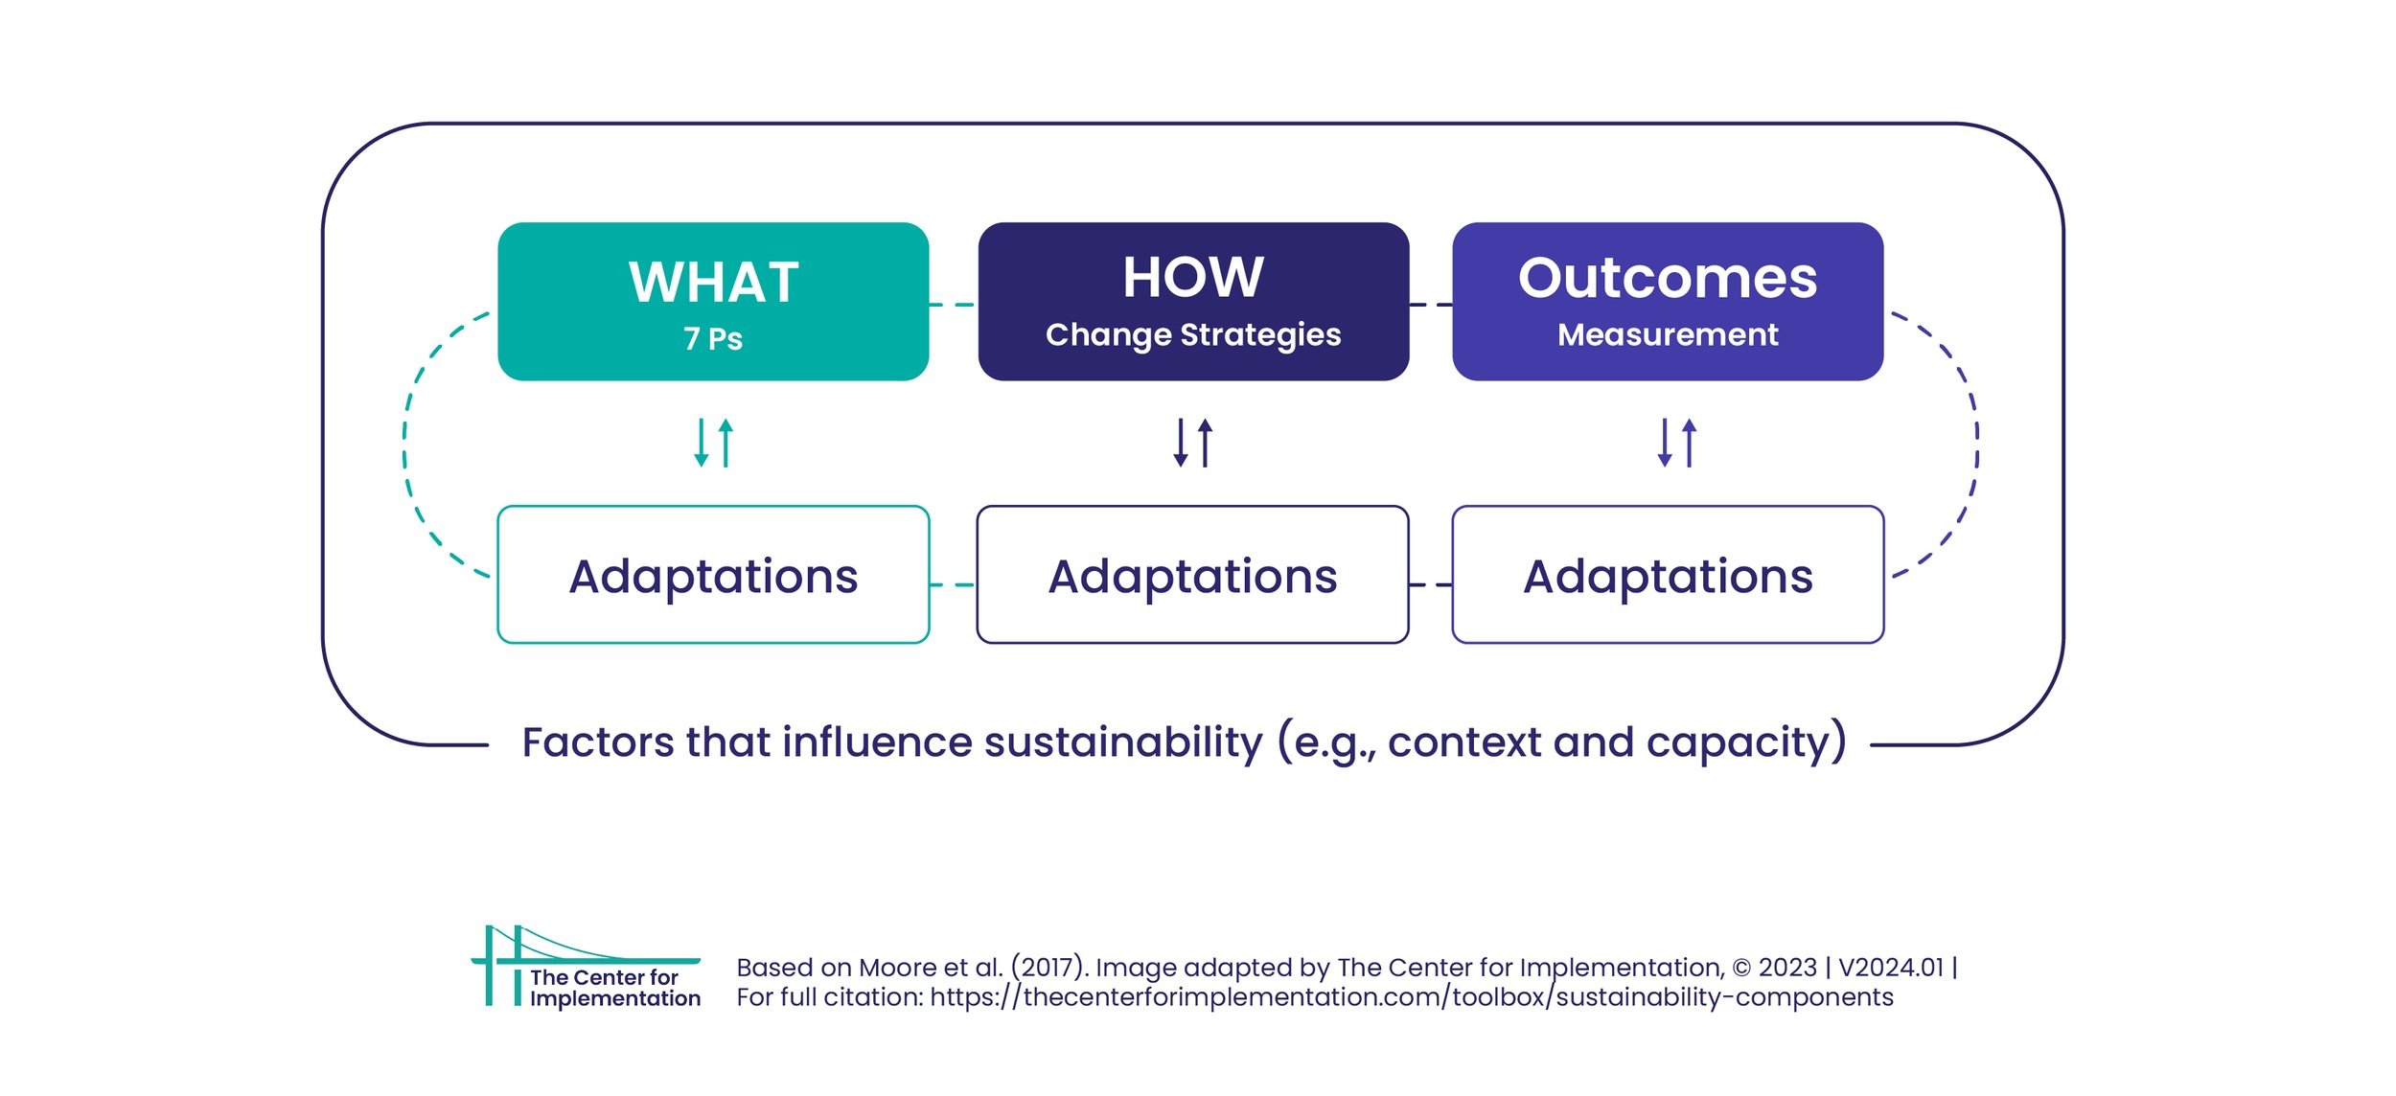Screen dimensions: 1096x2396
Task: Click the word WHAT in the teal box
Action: point(713,283)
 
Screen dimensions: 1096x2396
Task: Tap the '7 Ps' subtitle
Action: point(712,339)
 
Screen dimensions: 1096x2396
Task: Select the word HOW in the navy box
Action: point(1193,278)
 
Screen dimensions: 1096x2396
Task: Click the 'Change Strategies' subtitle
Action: point(1193,334)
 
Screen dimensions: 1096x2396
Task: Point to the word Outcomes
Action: point(1668,278)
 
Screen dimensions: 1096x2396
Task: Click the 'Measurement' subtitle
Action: point(1668,334)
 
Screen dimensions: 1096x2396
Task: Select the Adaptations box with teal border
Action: point(713,576)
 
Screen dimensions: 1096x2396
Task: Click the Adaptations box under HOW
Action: point(1193,576)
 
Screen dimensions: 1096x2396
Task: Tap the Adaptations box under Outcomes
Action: point(1668,576)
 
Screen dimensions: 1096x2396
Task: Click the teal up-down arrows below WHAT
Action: point(713,443)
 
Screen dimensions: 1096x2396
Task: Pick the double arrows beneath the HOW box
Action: point(1193,443)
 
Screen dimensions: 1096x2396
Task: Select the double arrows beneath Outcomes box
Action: point(1676,443)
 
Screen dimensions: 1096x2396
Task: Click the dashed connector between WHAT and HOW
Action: point(953,305)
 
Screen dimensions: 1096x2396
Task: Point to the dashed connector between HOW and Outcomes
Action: point(1431,305)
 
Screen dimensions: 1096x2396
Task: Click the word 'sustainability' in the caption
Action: point(1123,742)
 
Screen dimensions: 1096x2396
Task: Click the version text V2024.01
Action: point(1890,968)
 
